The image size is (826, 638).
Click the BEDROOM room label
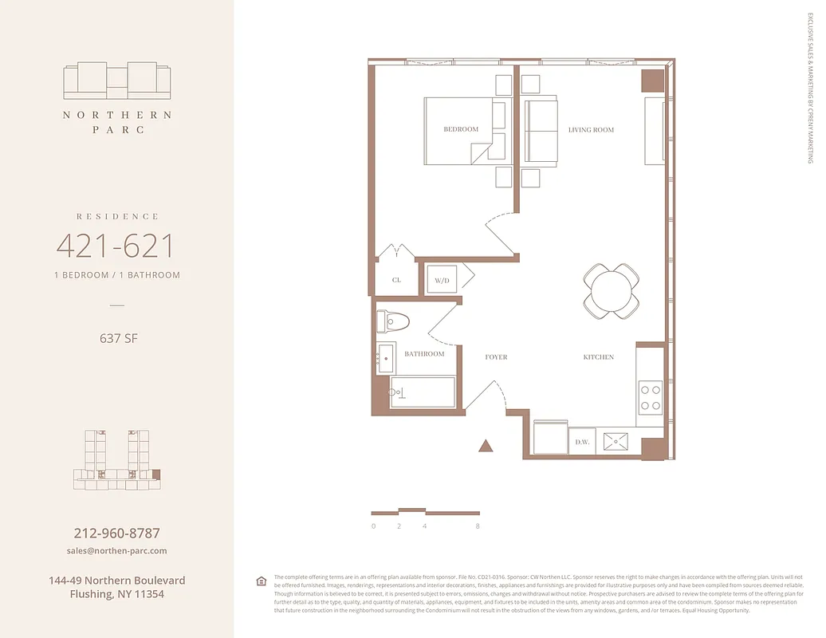click(461, 129)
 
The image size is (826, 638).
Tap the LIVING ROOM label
click(591, 129)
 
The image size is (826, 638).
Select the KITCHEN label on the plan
click(598, 357)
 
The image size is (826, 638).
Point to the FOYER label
click(496, 357)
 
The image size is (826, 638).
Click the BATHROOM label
click(424, 353)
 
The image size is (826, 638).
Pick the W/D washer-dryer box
click(441, 280)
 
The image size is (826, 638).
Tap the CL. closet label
click(396, 280)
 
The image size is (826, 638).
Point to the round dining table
click(612, 291)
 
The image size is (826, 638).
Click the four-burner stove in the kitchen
click(651, 397)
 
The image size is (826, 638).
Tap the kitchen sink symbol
click(615, 441)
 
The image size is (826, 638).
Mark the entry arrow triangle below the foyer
click(486, 446)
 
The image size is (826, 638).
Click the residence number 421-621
click(115, 246)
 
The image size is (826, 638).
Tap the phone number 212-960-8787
click(116, 534)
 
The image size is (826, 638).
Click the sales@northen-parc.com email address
click(116, 550)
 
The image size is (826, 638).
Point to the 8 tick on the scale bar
click(478, 526)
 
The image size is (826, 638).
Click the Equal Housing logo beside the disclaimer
click(261, 581)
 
